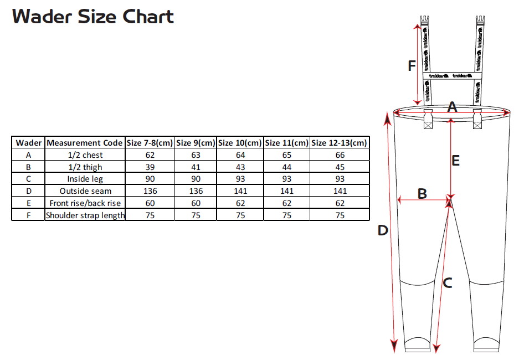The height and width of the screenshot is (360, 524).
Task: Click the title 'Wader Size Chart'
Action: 93,17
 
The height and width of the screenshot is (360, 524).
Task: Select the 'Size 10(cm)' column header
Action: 240,143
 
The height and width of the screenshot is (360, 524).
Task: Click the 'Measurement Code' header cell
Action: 85,143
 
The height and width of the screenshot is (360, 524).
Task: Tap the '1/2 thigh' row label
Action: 85,167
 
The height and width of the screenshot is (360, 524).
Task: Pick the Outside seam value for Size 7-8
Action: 150,191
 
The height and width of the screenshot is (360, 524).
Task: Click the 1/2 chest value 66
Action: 340,155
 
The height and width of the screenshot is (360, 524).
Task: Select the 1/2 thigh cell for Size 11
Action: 287,167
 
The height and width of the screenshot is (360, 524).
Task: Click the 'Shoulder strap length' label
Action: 85,215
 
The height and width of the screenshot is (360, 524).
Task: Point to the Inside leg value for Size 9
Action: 196,179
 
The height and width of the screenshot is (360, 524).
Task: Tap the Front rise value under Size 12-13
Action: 340,203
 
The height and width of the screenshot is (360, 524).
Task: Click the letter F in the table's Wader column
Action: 28,215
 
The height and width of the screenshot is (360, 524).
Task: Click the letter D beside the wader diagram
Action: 383,230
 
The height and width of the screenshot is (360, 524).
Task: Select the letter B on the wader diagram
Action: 422,194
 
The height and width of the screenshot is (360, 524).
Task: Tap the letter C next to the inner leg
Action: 448,284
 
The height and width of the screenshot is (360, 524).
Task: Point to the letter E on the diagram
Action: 455,161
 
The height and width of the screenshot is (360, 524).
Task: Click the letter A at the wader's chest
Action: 452,107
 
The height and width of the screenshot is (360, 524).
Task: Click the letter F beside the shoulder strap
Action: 412,66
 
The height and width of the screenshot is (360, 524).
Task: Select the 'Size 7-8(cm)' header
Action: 150,143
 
